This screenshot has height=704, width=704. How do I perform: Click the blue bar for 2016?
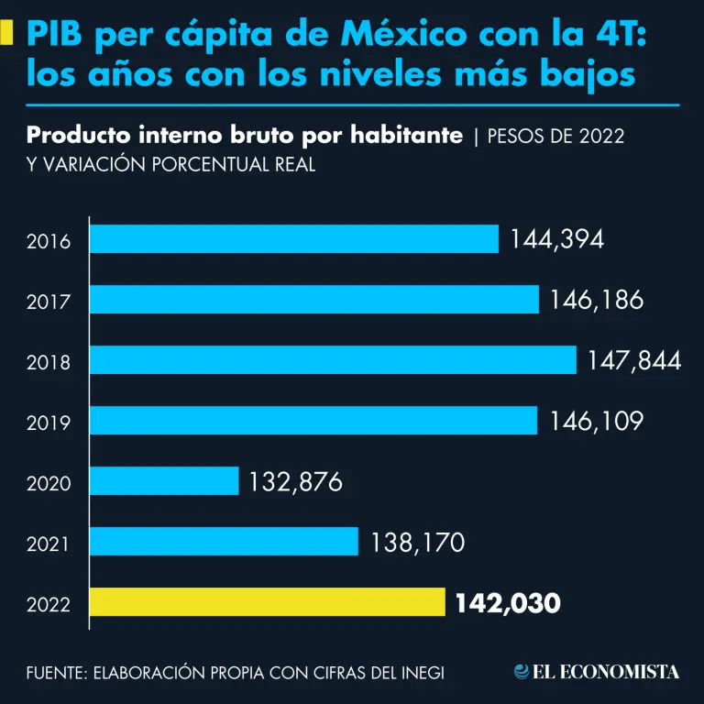click(x=293, y=239)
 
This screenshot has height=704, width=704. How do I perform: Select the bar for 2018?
click(x=333, y=360)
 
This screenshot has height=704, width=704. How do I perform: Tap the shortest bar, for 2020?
click(x=164, y=481)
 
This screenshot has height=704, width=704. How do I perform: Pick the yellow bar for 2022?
click(x=267, y=602)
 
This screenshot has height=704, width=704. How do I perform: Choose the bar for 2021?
click(x=224, y=542)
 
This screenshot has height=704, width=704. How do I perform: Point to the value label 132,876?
click(x=294, y=481)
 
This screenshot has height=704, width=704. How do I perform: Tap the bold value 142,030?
click(x=507, y=602)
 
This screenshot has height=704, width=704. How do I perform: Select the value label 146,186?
click(x=597, y=300)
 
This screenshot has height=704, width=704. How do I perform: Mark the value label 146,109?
click(x=597, y=421)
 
